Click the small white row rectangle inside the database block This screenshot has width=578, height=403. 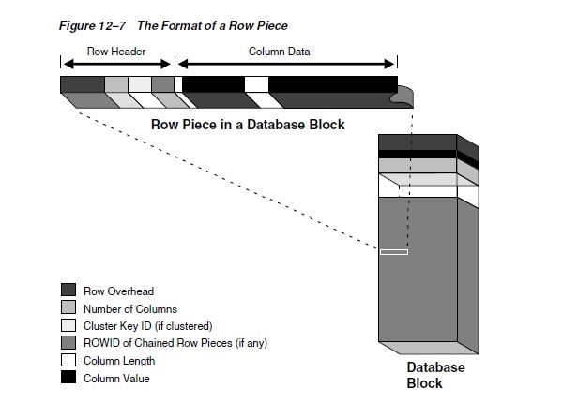[394, 251]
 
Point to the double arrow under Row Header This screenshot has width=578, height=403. [117, 64]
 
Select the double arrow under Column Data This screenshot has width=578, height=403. [287, 64]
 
